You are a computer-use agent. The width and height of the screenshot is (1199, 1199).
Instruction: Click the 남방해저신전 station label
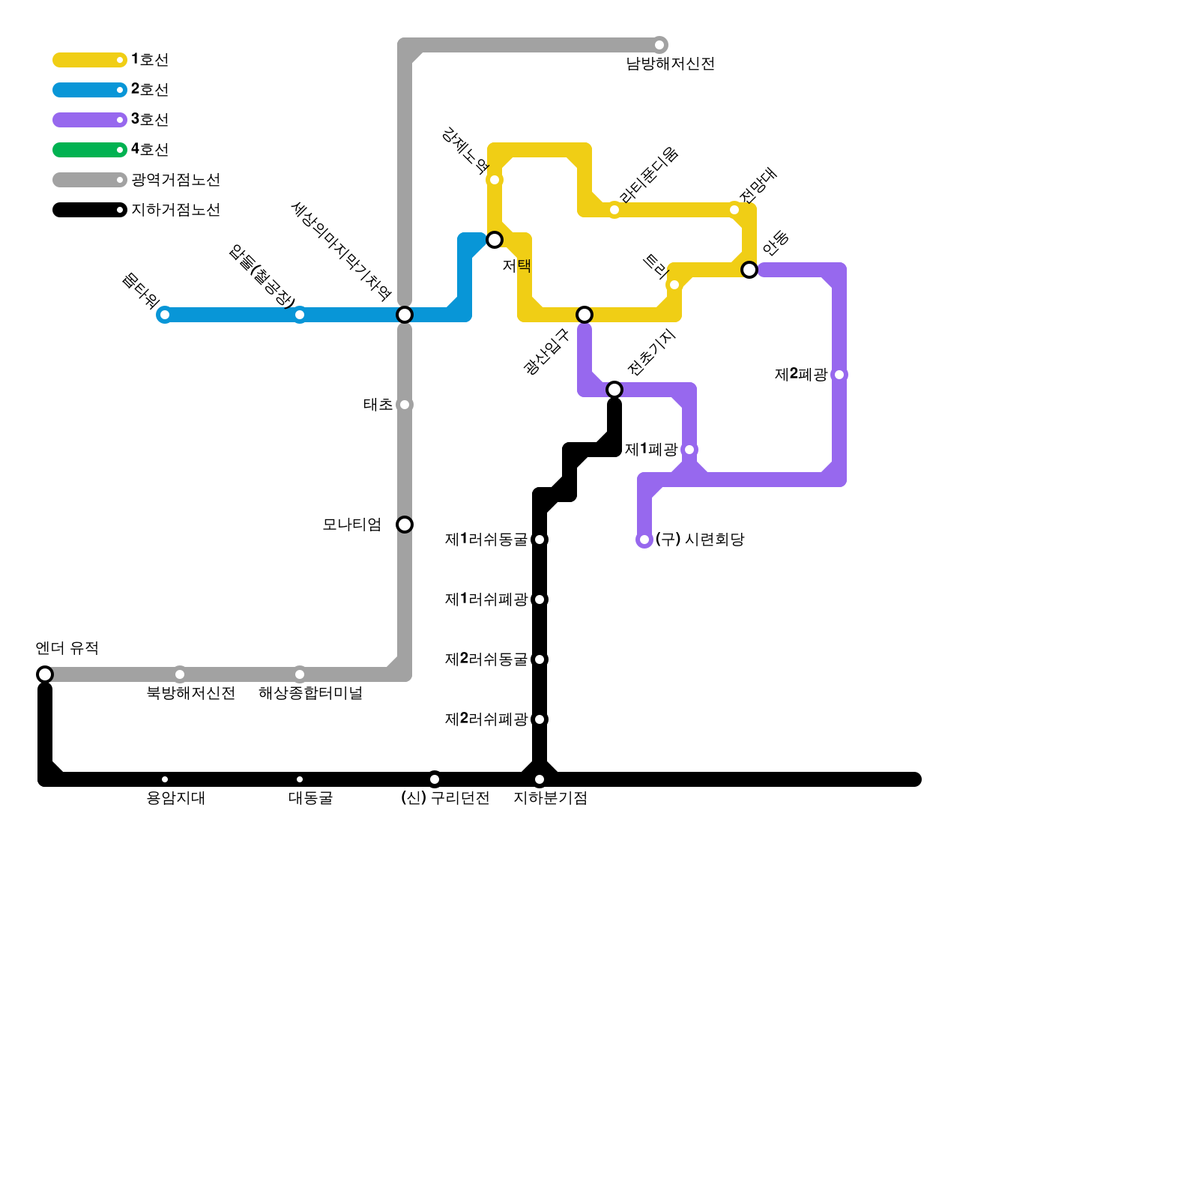click(x=670, y=64)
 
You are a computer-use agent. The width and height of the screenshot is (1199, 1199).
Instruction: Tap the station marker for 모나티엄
click(x=405, y=525)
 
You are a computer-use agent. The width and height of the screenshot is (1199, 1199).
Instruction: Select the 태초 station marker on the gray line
click(x=405, y=405)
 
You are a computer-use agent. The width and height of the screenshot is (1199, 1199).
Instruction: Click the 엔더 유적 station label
click(x=67, y=648)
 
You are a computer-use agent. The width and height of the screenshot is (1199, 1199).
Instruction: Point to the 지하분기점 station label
click(x=550, y=799)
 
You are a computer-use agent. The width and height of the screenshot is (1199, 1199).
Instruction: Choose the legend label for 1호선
click(x=150, y=60)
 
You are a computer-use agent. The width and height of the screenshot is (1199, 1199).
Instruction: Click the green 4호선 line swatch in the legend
click(x=88, y=150)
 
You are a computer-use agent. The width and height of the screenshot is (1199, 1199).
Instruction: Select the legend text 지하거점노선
click(x=175, y=210)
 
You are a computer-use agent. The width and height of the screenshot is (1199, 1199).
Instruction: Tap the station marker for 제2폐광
click(x=839, y=375)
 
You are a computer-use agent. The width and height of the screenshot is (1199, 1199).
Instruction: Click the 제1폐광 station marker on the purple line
click(x=689, y=450)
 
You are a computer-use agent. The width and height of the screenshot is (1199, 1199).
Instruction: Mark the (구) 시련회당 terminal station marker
click(x=644, y=540)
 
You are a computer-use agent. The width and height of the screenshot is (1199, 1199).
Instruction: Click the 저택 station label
click(x=516, y=266)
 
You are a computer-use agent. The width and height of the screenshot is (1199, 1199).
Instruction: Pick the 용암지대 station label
click(x=175, y=799)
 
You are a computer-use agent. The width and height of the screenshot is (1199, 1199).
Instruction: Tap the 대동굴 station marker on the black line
click(x=300, y=779)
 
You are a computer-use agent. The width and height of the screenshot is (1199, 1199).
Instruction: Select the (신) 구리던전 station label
click(x=445, y=799)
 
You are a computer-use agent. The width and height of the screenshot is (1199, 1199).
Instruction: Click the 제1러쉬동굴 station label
click(x=486, y=540)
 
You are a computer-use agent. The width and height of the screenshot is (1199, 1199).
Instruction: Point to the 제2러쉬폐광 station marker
click(x=540, y=719)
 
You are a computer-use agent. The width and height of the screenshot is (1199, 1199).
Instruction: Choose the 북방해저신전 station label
click(x=190, y=694)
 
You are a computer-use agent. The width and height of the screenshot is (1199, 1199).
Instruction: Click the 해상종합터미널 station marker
click(x=300, y=674)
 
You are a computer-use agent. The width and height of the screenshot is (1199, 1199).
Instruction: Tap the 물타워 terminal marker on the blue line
click(x=165, y=315)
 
